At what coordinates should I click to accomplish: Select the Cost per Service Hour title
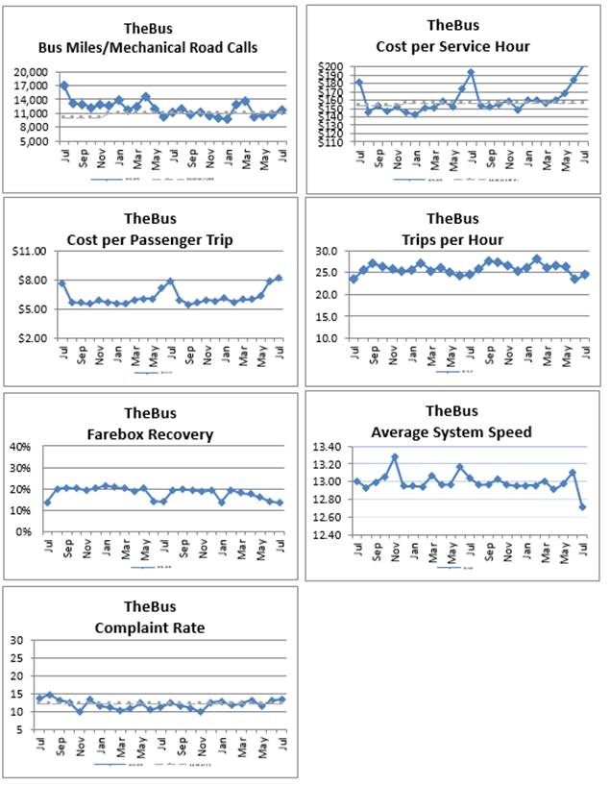(x=452, y=47)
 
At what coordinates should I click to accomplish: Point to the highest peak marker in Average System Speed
(x=395, y=457)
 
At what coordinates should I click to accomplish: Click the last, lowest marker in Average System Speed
(x=583, y=506)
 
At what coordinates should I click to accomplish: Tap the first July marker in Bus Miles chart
(x=64, y=86)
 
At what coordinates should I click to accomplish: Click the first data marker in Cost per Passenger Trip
(x=62, y=283)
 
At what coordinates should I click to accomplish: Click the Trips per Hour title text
(x=451, y=238)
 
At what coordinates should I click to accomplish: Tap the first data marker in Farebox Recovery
(x=47, y=503)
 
